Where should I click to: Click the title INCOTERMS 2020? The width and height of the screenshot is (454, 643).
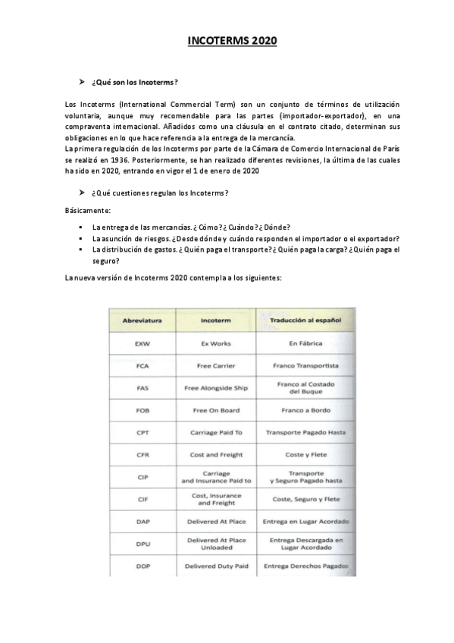pyautogui.click(x=233, y=41)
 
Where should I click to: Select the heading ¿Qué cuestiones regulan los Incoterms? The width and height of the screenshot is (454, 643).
pyautogui.click(x=160, y=193)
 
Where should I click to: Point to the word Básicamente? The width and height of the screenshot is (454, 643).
pyautogui.click(x=88, y=210)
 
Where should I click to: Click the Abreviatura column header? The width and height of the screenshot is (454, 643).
pyautogui.click(x=142, y=321)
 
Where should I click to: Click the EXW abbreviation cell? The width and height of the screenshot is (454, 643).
pyautogui.click(x=142, y=343)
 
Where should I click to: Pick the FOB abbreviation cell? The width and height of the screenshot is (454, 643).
pyautogui.click(x=142, y=410)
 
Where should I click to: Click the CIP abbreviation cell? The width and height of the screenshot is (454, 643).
pyautogui.click(x=142, y=477)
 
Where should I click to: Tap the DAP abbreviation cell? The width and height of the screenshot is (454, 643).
pyautogui.click(x=142, y=522)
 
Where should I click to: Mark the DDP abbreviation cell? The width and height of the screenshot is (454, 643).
pyautogui.click(x=142, y=566)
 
